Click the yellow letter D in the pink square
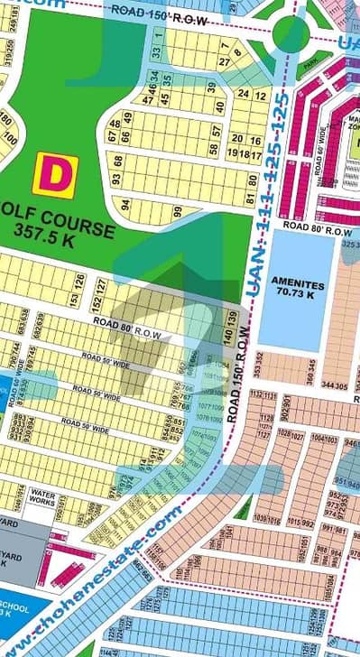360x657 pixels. click(55, 175)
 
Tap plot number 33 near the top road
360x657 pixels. click(155, 52)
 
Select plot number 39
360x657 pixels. click(212, 87)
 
